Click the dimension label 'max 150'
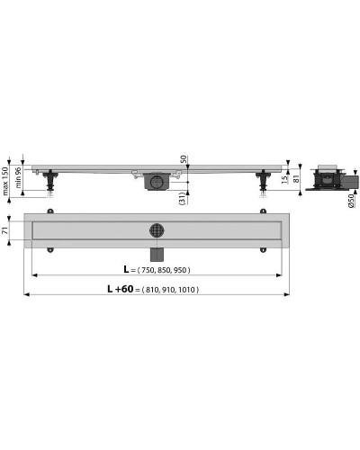coord(4,180)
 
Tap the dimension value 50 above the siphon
coord(184,159)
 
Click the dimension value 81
coord(298,177)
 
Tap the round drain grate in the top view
coord(157,229)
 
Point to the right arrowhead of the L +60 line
coord(289,295)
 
